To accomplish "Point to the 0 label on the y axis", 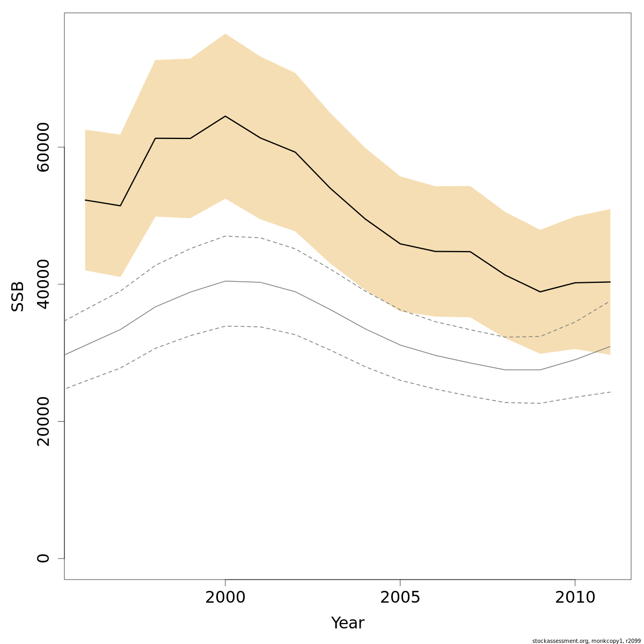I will pos(43,558).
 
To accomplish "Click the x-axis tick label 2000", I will pos(225,597).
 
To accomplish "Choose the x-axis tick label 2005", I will pos(400,597).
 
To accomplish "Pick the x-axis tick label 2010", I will pos(575,597).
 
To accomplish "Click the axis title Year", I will pos(348,623).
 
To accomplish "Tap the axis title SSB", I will pos(18,296).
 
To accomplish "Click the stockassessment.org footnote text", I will pos(586,641).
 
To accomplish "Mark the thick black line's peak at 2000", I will pos(225,116).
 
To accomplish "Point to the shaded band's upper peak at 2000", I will pos(225,34).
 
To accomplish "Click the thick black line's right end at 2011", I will pos(610,282).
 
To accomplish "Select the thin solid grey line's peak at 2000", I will pos(225,281).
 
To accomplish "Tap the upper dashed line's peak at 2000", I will pos(225,236).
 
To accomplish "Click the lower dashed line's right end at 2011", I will pos(610,392).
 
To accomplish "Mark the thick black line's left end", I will pos(85,200).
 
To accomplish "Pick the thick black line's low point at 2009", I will pos(540,292).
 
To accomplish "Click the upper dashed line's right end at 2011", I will pos(610,301).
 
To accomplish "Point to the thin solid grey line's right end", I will pos(610,347).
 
